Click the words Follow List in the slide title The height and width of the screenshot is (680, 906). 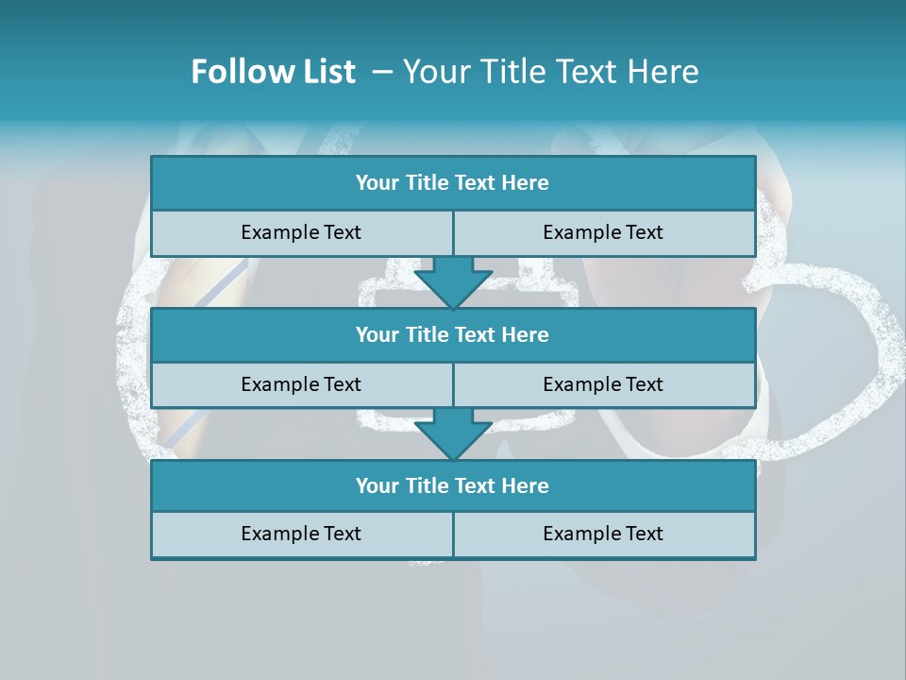[273, 72]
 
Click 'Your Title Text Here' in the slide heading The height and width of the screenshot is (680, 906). [550, 72]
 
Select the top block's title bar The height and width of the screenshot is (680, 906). [453, 183]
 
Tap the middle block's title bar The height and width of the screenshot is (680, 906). [453, 334]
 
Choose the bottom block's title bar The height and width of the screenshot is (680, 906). [453, 485]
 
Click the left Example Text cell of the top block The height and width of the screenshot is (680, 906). [301, 232]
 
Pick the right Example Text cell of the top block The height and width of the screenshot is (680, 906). [603, 232]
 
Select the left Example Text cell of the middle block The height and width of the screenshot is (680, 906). [301, 384]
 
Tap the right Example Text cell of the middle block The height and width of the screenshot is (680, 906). [603, 384]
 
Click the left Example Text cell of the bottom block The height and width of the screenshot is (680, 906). [301, 534]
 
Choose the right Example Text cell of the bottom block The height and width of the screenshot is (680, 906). [603, 534]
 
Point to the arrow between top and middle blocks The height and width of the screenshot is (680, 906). [453, 283]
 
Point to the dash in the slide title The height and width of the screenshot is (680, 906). [383, 72]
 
